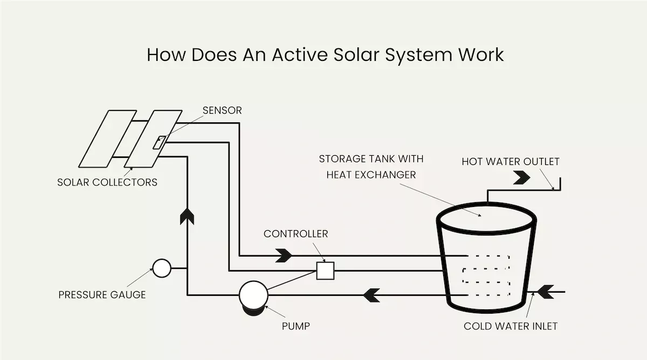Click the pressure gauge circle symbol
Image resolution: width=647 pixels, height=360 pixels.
pos(161,268)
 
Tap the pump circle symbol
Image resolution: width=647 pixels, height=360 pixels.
pos(253,294)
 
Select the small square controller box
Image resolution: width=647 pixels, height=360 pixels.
pos(325,270)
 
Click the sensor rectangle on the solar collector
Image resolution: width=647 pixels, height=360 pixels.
pos(160,143)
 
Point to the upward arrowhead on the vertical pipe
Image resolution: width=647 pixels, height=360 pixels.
pos(187,216)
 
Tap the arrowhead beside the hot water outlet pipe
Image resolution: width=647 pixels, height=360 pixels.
pos(522,177)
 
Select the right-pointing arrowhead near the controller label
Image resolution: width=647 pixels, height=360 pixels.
pos(284,255)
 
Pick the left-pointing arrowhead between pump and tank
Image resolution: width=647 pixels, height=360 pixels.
pos(371,295)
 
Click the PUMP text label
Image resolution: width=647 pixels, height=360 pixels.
pos(296,326)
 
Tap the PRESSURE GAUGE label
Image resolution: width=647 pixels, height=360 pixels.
pos(102,295)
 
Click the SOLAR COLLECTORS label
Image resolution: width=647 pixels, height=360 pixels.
pos(107,182)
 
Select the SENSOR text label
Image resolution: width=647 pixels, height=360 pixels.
pos(222,110)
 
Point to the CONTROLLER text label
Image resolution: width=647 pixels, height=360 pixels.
pos(295,234)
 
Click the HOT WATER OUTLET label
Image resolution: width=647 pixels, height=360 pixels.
pos(511,162)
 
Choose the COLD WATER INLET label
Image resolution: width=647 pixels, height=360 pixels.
pos(511,326)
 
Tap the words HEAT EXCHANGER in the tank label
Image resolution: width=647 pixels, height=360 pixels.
pos(371,175)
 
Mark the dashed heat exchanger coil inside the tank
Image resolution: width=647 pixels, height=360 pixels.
pos(485,275)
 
